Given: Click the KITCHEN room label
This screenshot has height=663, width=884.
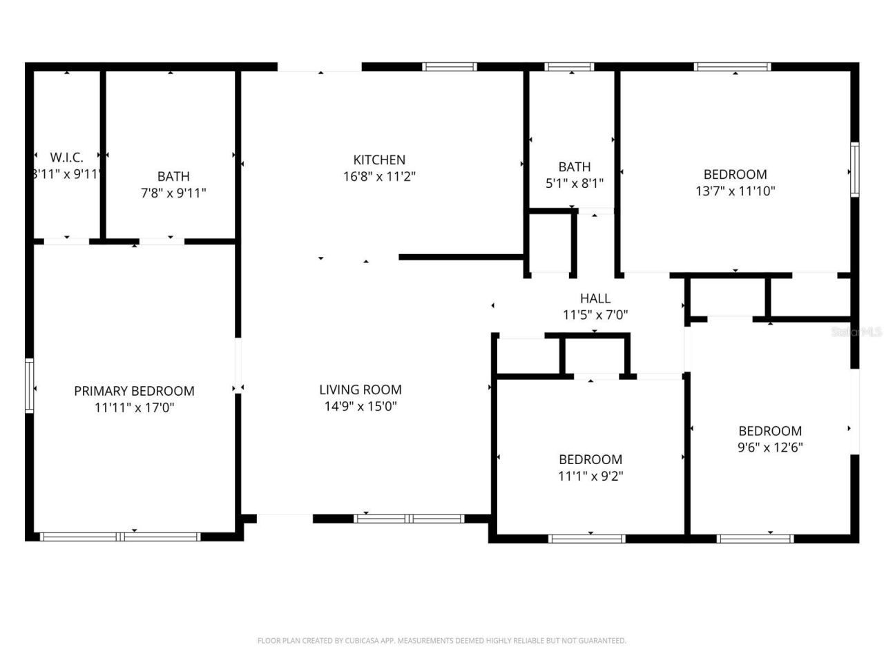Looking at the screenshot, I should [379, 160].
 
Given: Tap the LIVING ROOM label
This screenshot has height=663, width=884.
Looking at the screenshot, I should [361, 390].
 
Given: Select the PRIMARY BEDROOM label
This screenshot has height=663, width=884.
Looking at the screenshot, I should [134, 391].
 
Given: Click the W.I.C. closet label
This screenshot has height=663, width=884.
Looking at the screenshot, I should [66, 157].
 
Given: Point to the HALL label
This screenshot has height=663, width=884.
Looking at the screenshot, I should [595, 298].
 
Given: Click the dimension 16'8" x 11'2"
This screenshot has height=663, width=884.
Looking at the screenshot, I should [379, 176].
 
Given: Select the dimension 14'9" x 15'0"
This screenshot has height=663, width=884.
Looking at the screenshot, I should [361, 406].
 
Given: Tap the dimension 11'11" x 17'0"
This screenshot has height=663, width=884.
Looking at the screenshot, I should [134, 407].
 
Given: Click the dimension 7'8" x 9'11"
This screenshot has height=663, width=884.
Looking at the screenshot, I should [173, 193].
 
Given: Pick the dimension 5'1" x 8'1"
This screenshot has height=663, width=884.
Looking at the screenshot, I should [574, 184].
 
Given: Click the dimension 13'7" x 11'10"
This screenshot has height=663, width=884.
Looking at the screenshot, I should [735, 191].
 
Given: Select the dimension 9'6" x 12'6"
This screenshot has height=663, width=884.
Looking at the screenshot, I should [770, 448].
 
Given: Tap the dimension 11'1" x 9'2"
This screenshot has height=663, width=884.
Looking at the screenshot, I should [590, 476].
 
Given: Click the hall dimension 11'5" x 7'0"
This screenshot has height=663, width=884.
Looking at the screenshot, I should [595, 315].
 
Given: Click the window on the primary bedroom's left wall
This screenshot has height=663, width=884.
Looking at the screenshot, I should [29, 385].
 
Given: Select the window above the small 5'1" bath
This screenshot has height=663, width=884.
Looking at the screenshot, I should [569, 67].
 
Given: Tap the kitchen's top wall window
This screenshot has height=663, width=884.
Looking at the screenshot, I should [450, 67].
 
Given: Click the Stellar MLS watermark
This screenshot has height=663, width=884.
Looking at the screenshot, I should [856, 332].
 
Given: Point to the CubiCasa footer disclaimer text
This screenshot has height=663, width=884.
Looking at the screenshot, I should [442, 641].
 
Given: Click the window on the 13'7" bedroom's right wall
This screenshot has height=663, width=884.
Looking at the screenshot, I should [855, 169].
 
